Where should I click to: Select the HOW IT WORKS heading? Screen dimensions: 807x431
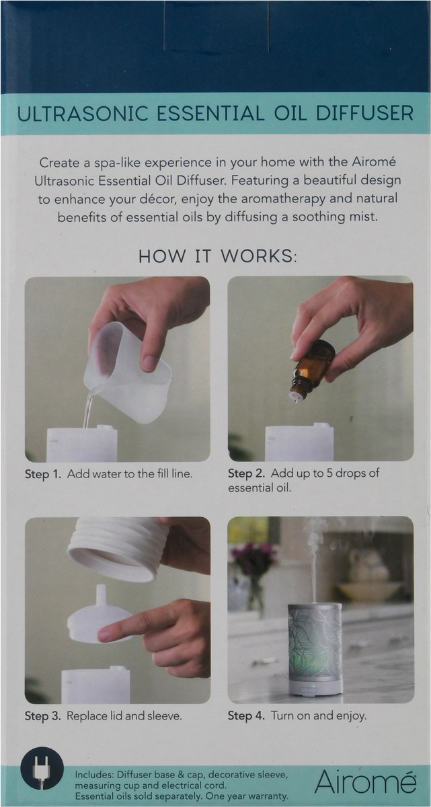pyautogui.click(x=217, y=256)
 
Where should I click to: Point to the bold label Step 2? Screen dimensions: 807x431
pyautogui.click(x=246, y=473)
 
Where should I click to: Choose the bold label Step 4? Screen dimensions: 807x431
pyautogui.click(x=246, y=716)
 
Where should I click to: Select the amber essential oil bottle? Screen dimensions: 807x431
pyautogui.click(x=313, y=367)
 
